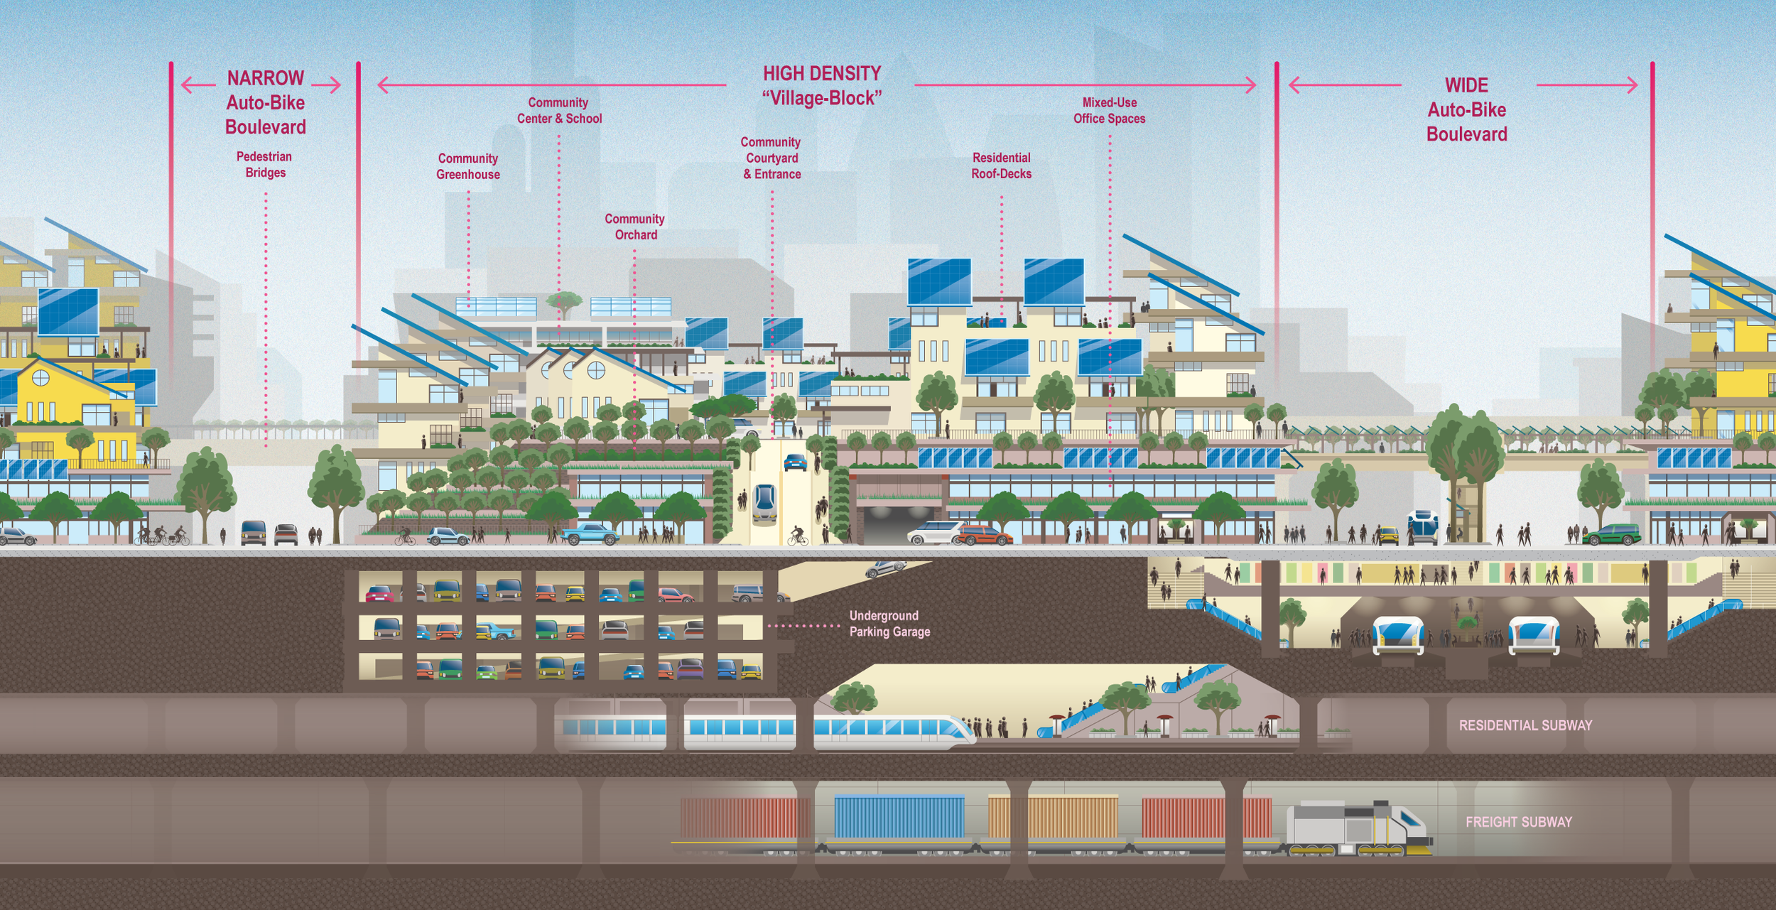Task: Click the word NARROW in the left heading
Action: tap(265, 77)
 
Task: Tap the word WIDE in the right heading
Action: tap(1466, 85)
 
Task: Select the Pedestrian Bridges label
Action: tap(264, 164)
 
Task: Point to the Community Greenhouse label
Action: tap(468, 166)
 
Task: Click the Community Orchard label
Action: tap(635, 227)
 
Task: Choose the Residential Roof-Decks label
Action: tap(1001, 166)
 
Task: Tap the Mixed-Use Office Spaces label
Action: tap(1109, 111)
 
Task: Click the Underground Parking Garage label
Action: tap(889, 624)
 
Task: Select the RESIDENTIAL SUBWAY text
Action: tap(1525, 725)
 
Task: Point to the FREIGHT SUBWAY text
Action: tap(1518, 822)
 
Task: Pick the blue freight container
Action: tap(899, 817)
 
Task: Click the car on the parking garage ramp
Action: tap(885, 568)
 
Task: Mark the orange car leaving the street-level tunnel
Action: tap(984, 535)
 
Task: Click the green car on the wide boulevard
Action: tap(1611, 534)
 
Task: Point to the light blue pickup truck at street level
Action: tap(590, 533)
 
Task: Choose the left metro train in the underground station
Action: tap(1398, 634)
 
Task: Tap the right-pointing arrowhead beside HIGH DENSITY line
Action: tap(1250, 85)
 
